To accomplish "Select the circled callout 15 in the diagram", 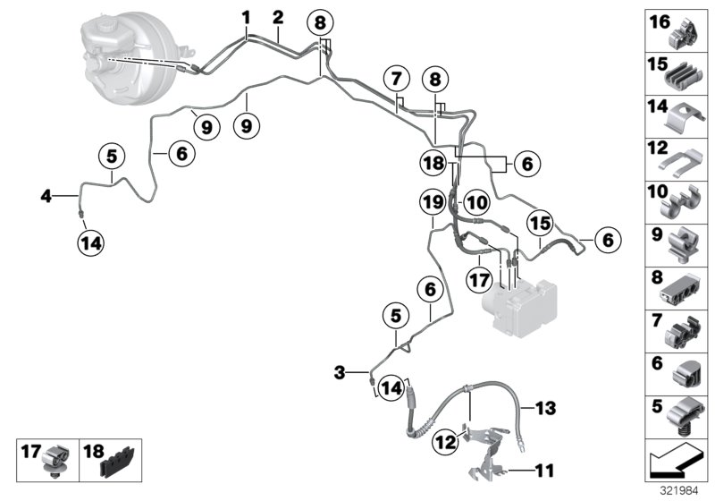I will pos(539,222).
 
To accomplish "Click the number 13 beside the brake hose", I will pos(544,410).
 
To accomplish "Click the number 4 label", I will pos(45,193).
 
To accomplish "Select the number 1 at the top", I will pos(246,15).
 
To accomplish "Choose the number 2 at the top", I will pos(278,15).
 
